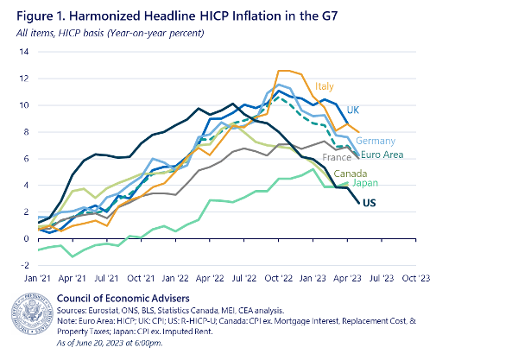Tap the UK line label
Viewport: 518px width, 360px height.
[354, 110]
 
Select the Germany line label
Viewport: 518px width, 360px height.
[376, 141]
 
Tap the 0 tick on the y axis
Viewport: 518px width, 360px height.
[26, 238]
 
